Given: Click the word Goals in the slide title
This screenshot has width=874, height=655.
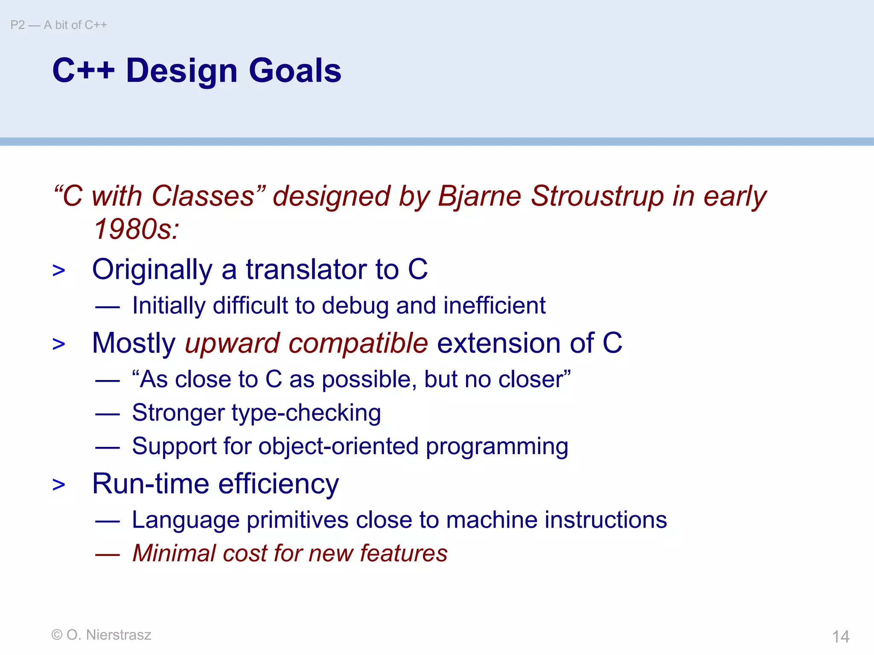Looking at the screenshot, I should click(295, 70).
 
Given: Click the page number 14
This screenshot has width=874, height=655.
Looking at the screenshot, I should click(840, 637).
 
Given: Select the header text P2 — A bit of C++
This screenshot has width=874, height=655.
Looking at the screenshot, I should click(58, 25).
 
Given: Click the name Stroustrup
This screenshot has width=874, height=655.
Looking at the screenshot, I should click(597, 196).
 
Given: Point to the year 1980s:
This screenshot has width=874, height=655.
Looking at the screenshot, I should click(136, 229).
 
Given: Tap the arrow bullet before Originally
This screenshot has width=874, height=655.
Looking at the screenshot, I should click(59, 270).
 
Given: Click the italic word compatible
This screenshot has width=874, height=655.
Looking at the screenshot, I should click(358, 343).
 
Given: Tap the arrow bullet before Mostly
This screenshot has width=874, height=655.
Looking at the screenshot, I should click(59, 344).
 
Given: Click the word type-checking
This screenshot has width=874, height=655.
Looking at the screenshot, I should click(306, 413).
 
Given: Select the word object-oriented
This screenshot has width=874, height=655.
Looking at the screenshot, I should click(338, 446).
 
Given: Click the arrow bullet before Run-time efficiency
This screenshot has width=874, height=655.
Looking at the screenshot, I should click(59, 485).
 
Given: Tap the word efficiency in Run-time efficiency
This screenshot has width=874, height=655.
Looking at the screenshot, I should click(279, 484).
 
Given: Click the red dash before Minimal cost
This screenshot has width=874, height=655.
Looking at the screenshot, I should click(107, 554).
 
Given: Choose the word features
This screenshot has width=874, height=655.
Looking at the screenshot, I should click(404, 554).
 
